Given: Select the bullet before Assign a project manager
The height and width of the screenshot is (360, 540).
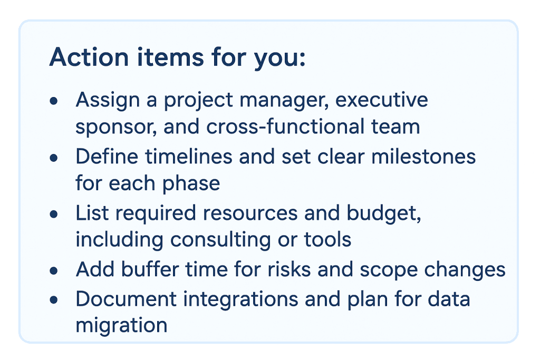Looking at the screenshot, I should tap(53, 100).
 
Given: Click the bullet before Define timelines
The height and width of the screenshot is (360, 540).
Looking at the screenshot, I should tap(53, 157).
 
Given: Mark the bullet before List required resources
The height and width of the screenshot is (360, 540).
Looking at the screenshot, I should tap(53, 214).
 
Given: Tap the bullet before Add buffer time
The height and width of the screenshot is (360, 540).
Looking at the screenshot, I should tap(53, 271).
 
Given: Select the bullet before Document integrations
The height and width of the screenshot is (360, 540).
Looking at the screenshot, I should tap(53, 299).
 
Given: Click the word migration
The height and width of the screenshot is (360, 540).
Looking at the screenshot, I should tap(121, 325).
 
